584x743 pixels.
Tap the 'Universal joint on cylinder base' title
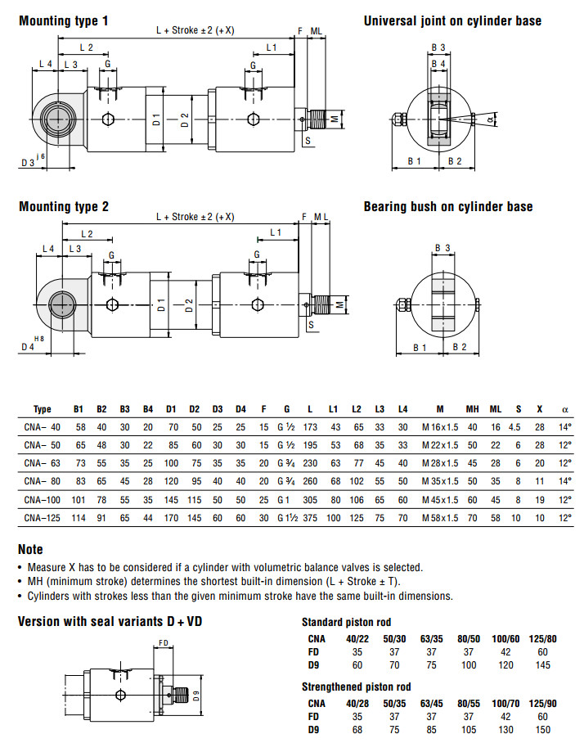click(x=452, y=20)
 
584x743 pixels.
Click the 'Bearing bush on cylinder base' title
click(x=448, y=207)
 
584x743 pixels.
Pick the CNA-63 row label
click(x=43, y=462)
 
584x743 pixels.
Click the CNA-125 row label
click(x=43, y=518)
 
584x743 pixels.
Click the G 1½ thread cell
click(x=286, y=518)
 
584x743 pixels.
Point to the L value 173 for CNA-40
click(x=309, y=426)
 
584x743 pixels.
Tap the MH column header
click(x=472, y=408)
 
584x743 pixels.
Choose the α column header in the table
click(x=564, y=408)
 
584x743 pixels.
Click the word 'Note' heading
click(x=30, y=550)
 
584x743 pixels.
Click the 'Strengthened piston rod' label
click(x=357, y=687)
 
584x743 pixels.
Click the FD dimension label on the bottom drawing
click(x=164, y=643)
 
